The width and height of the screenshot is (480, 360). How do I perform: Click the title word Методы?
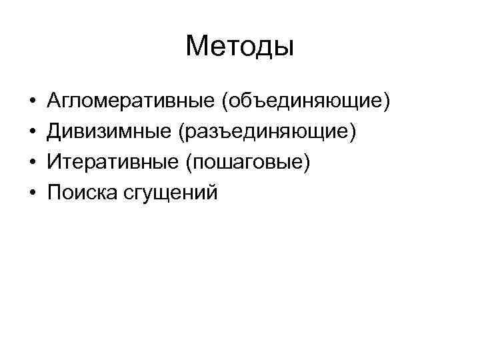(x=240, y=46)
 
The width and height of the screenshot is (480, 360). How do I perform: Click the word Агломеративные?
(x=129, y=102)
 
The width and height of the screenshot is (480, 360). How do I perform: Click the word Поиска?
(x=81, y=192)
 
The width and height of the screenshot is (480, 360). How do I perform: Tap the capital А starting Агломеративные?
(x=54, y=101)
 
